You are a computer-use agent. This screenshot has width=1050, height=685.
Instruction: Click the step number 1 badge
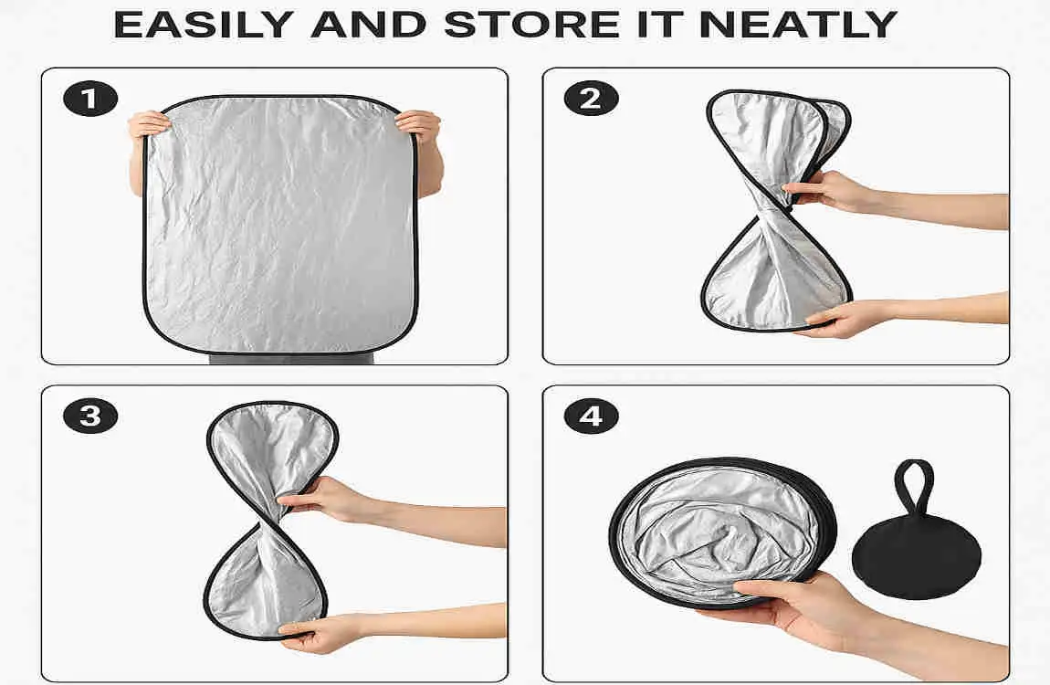(90, 99)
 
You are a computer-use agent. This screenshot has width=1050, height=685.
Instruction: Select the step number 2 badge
(591, 99)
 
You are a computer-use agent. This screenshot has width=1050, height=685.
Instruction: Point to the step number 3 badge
(89, 416)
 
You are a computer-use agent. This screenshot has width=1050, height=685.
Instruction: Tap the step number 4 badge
(591, 416)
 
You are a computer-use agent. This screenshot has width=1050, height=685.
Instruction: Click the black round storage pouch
(916, 553)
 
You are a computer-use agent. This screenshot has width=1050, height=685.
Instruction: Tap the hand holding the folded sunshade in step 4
(785, 603)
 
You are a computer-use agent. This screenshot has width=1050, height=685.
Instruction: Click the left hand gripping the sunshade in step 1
(149, 125)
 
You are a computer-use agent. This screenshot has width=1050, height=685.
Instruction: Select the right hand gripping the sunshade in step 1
(420, 125)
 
